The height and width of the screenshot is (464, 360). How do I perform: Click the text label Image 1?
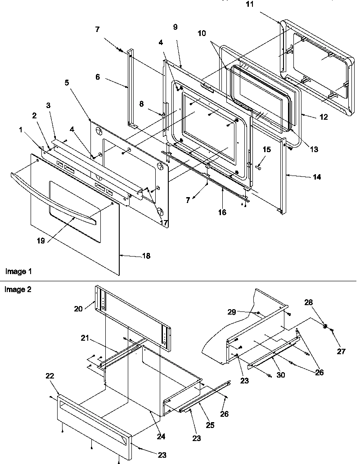click(18, 271)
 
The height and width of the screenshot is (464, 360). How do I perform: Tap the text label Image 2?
click(18, 289)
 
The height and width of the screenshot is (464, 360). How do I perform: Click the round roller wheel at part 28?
click(324, 325)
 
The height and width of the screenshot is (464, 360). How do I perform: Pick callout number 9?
click(175, 27)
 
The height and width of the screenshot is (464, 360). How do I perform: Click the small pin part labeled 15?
click(259, 167)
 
